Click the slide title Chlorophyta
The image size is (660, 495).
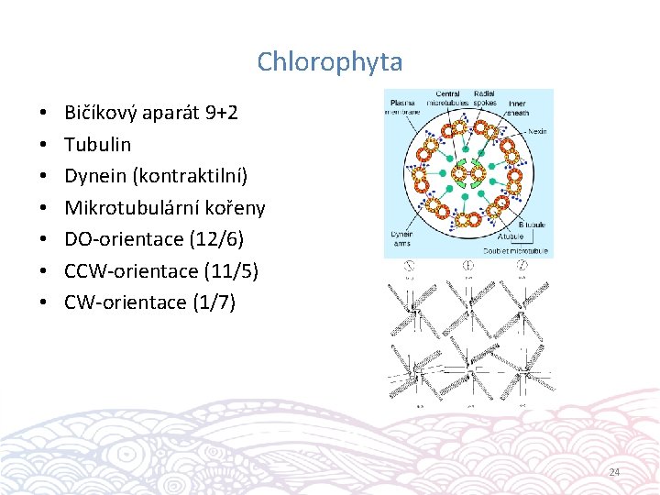tap(329, 61)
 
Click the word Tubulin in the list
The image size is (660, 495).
tap(97, 144)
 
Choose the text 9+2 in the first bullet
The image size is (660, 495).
tap(221, 113)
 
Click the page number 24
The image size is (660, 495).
tap(614, 472)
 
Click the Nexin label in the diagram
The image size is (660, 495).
tap(538, 131)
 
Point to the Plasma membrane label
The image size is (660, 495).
tap(403, 106)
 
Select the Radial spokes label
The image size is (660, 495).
tap(485, 97)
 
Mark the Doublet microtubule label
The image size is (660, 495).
tap(516, 251)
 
